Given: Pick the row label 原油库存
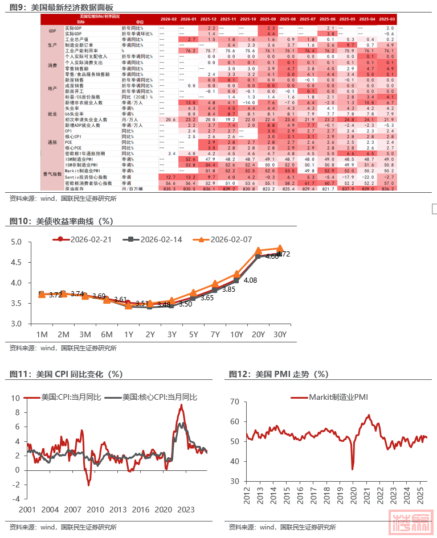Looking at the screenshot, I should pyautogui.click(x=72, y=188).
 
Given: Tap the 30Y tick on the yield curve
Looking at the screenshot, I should pyautogui.click(x=279, y=334).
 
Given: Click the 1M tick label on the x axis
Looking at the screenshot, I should pyautogui.click(x=42, y=334).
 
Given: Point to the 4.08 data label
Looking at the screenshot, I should pyautogui.click(x=251, y=280).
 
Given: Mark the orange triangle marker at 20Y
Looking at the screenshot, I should pyautogui.click(x=258, y=250).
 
